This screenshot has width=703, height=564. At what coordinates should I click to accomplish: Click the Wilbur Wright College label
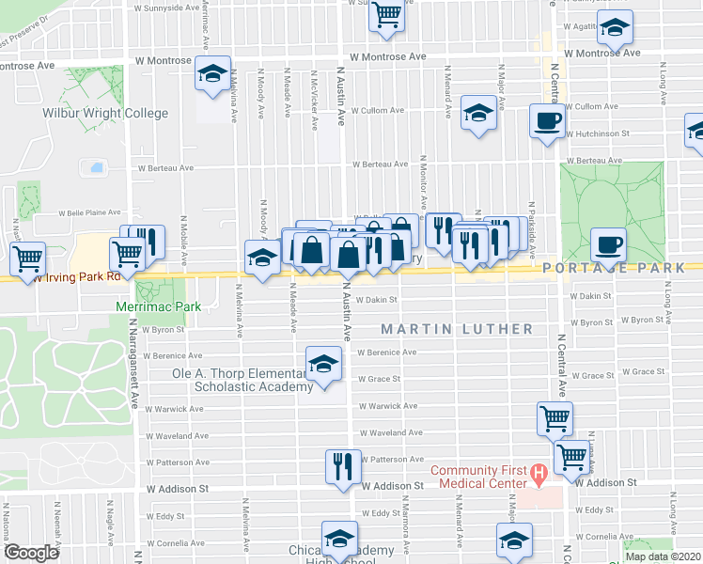[x=105, y=114]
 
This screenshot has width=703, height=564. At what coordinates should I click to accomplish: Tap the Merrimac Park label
[x=152, y=306]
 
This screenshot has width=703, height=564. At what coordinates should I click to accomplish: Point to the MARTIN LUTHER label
[x=457, y=329]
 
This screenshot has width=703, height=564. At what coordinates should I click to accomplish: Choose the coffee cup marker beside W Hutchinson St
[x=547, y=121]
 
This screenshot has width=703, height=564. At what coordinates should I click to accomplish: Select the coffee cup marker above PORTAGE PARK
[x=608, y=246]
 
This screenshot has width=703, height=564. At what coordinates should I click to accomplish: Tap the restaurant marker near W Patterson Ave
[x=342, y=464]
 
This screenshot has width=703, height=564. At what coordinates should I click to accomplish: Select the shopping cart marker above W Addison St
[x=570, y=456]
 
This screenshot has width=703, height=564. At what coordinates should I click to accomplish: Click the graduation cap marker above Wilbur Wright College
[x=213, y=73]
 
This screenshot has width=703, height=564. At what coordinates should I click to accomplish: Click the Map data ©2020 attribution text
[x=662, y=556]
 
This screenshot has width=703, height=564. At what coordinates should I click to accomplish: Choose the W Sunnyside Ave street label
[x=166, y=7]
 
